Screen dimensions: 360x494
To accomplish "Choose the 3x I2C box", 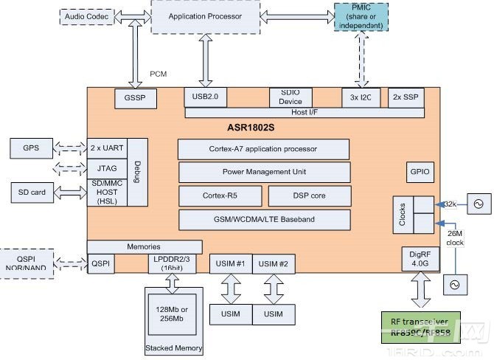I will pos(360,97).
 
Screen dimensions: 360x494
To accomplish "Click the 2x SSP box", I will pos(406,97).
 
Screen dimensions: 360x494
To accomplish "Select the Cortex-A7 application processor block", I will pos(263,149).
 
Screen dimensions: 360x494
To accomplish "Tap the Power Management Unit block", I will pos(263,173).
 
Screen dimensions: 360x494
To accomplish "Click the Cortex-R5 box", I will pos(219,196).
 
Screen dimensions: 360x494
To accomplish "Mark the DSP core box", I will pos(307,196).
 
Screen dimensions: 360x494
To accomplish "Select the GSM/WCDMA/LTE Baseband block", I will pos(263,220).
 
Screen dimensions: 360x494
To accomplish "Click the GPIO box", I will pos(420,172).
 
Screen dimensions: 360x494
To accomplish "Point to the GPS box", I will pos(30,148).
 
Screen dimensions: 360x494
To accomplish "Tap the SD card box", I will pos(32,193).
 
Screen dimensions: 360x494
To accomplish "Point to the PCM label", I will pos(159,74).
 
